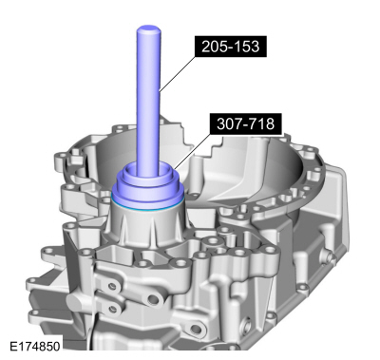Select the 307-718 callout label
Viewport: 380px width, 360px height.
[x=246, y=123]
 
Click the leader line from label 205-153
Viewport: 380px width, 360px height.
[x=180, y=66]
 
